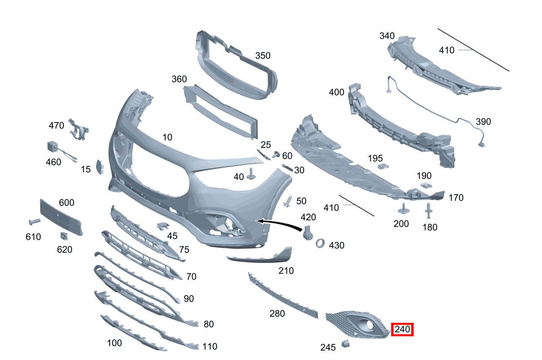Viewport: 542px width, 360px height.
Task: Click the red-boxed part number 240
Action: click(x=402, y=329)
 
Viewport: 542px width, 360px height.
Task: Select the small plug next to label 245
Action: click(x=345, y=344)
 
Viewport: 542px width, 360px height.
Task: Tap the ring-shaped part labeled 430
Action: click(x=320, y=244)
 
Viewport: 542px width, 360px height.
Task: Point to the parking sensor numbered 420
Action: click(x=307, y=233)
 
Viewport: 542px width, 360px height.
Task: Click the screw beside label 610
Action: click(x=35, y=221)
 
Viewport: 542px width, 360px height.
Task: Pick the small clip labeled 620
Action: click(x=64, y=236)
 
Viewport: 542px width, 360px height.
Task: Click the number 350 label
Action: click(x=263, y=56)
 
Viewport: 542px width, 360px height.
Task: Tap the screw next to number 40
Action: click(x=251, y=174)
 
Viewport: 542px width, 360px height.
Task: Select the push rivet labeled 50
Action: click(x=288, y=201)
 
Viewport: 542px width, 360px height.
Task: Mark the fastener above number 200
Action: click(x=403, y=208)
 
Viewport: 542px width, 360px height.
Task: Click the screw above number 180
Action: click(x=428, y=210)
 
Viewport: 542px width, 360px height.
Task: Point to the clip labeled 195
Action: click(x=383, y=166)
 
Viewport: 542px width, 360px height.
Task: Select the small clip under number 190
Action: click(x=426, y=186)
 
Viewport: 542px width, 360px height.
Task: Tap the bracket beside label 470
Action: click(x=78, y=130)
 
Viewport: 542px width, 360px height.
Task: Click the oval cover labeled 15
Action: click(x=100, y=167)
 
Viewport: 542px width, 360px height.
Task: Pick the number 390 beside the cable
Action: click(x=483, y=122)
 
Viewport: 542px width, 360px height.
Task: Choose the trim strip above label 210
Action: click(x=260, y=256)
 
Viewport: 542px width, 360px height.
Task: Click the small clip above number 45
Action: click(x=163, y=226)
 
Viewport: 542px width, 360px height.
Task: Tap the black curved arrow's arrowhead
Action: click(x=261, y=221)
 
